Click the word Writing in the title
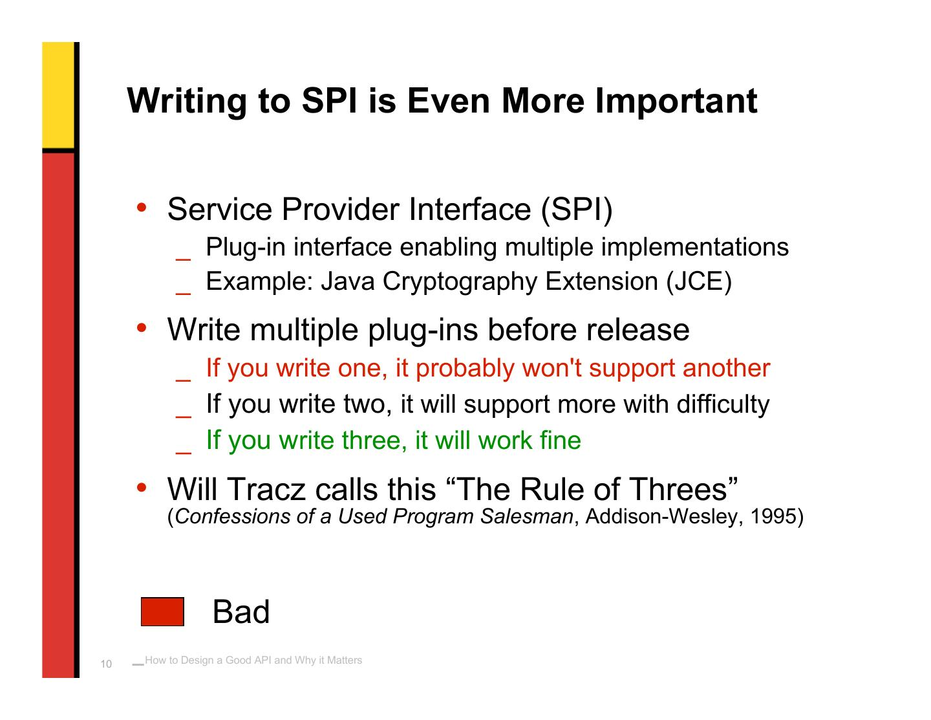point(187,101)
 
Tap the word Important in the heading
point(676,101)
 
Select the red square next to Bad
point(162,611)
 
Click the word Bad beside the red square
point(241,611)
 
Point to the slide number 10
point(106,664)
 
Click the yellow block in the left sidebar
point(58,95)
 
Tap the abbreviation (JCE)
point(699,281)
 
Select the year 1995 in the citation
point(773,516)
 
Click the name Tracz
point(266,489)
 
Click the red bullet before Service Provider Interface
point(142,208)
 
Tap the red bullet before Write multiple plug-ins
point(142,328)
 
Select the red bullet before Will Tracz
point(142,487)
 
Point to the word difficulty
point(723,404)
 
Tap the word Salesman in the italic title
point(527,516)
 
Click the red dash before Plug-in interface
point(184,259)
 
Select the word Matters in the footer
point(345,660)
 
